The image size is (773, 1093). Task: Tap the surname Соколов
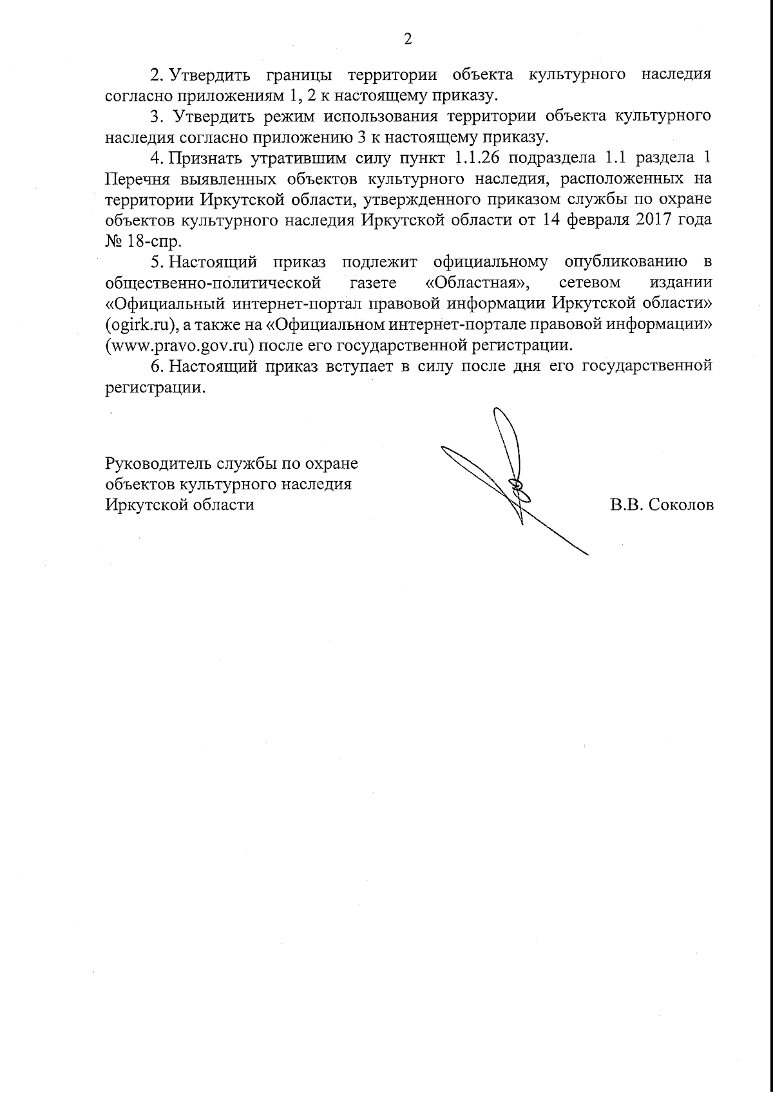(682, 505)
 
